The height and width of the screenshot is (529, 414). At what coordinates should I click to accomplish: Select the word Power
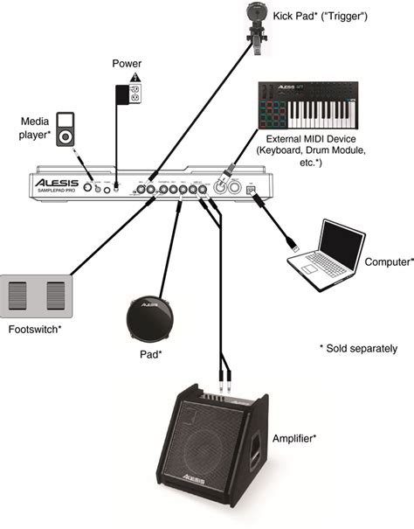tap(127, 66)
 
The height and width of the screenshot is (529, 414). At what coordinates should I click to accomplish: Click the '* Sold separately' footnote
tap(358, 348)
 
